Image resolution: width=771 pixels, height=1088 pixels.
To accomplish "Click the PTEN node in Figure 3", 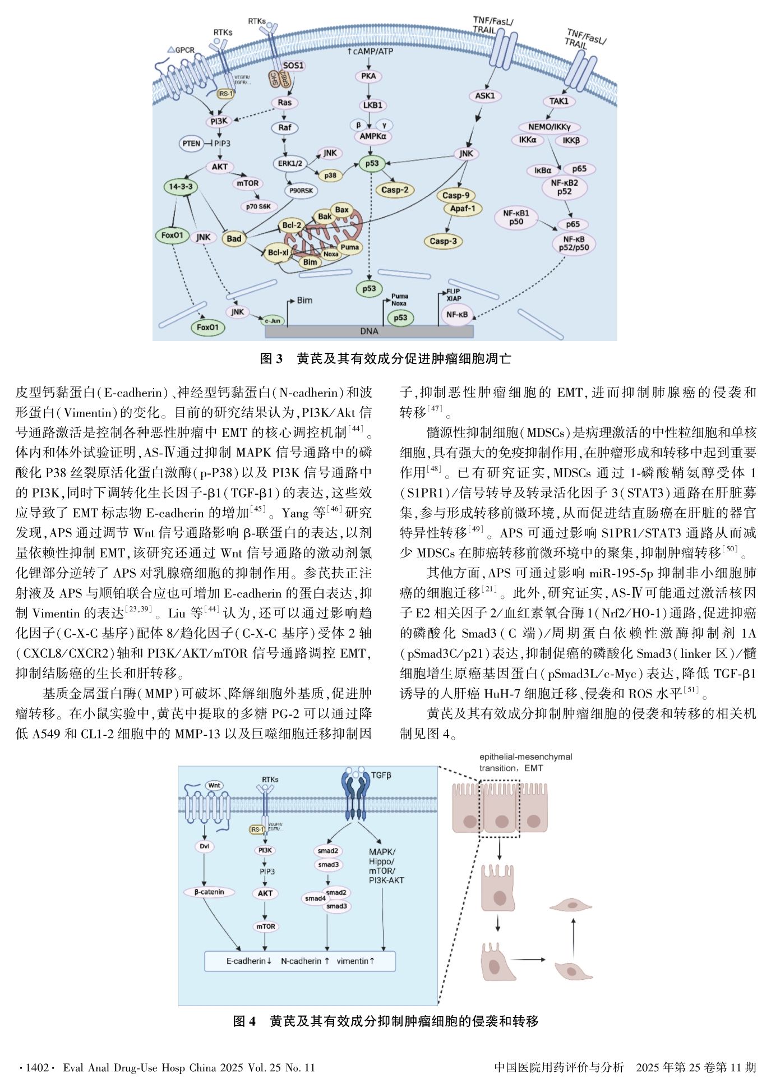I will click(191, 143).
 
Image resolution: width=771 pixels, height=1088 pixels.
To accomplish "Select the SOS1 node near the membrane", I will click(293, 66).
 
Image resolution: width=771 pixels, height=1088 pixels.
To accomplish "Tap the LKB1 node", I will click(371, 105).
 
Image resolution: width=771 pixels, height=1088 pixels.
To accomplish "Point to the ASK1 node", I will click(484, 95).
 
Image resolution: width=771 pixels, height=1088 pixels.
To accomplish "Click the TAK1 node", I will click(558, 101).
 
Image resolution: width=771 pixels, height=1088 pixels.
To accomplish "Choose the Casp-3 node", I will click(443, 241).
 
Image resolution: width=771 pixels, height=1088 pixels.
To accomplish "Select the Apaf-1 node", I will click(463, 209).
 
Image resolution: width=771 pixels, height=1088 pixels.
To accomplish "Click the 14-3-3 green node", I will click(180, 187).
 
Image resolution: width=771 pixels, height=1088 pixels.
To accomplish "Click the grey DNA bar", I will click(369, 331).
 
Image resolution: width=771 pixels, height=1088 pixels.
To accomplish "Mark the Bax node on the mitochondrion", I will click(341, 210).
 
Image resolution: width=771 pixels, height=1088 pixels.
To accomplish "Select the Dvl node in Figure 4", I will click(204, 846).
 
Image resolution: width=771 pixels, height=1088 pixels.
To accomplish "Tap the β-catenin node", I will click(209, 892).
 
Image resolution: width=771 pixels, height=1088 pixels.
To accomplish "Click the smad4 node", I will click(315, 898).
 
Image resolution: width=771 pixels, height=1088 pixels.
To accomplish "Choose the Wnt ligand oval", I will click(214, 785).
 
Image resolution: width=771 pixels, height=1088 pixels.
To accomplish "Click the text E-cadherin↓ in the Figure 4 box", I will click(249, 961).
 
